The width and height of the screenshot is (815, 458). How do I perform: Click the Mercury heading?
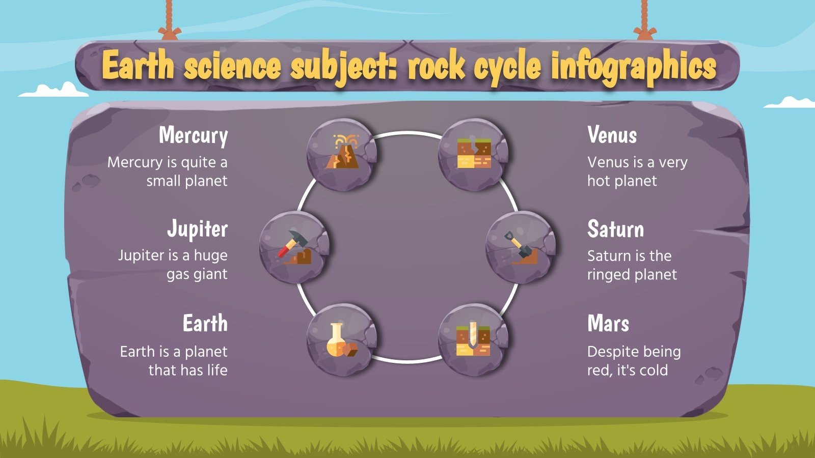193,136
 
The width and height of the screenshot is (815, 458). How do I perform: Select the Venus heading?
612,135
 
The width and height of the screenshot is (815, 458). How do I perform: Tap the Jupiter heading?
197,229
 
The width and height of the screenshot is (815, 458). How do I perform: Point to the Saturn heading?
615,229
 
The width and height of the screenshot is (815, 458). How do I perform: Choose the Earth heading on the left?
205,323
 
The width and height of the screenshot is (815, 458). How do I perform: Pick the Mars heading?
608,323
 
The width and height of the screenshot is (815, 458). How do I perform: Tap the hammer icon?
294,247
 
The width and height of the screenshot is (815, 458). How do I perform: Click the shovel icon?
520,247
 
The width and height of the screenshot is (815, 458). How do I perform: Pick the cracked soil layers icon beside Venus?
474,153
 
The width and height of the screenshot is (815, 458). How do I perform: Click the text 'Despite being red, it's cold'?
634,360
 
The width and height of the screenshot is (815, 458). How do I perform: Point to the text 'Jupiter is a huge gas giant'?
173,265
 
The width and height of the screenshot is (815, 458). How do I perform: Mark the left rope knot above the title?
170,34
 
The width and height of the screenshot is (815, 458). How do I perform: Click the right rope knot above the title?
645,34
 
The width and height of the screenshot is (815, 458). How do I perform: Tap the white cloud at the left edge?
56,91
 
